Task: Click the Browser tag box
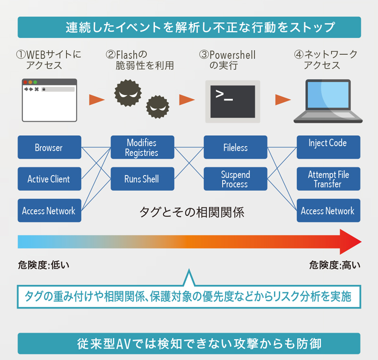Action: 50,147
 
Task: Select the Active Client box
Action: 50,179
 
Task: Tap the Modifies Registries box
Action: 143,147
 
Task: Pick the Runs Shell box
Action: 143,179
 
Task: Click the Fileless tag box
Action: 235,147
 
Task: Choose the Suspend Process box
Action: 235,179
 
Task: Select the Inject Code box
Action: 328,147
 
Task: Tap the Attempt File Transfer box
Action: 328,179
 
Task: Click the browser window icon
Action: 50,100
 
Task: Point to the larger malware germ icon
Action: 128,93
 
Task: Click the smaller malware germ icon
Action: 158,106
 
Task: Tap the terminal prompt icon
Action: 232,102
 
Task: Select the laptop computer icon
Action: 328,101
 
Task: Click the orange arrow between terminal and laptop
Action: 283,100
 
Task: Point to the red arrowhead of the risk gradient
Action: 351,242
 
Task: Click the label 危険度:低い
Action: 43,265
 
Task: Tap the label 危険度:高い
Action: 335,265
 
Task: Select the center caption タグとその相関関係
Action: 192,212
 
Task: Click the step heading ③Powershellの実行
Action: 227,60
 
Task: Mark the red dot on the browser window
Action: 26,82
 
